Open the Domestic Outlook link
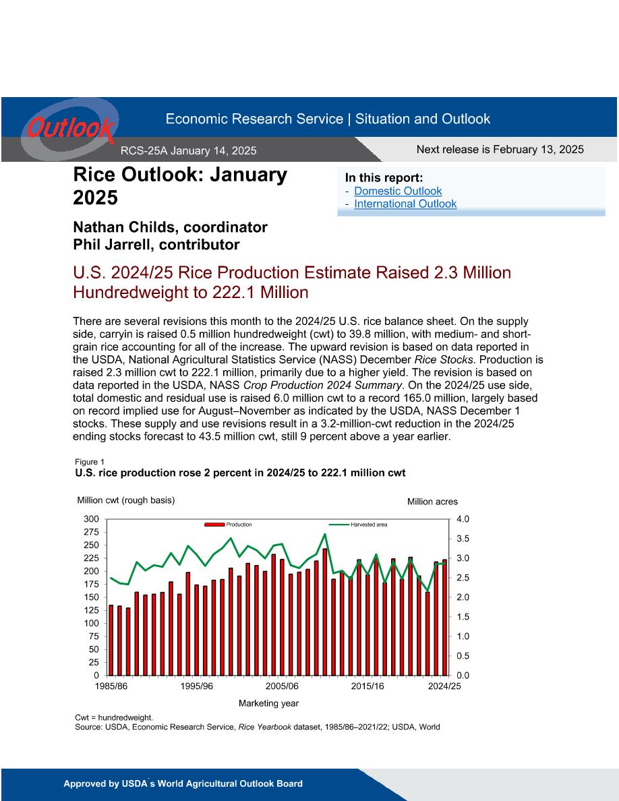[398, 191]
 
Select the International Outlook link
[405, 204]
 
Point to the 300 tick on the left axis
[91, 519]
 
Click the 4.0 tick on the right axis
[463, 519]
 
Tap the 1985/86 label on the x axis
[111, 686]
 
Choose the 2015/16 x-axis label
[367, 686]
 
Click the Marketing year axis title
[268, 703]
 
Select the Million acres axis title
[433, 502]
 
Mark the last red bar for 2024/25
[444, 617]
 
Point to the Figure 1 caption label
[90, 462]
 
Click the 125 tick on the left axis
[91, 610]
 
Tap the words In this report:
[384, 178]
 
